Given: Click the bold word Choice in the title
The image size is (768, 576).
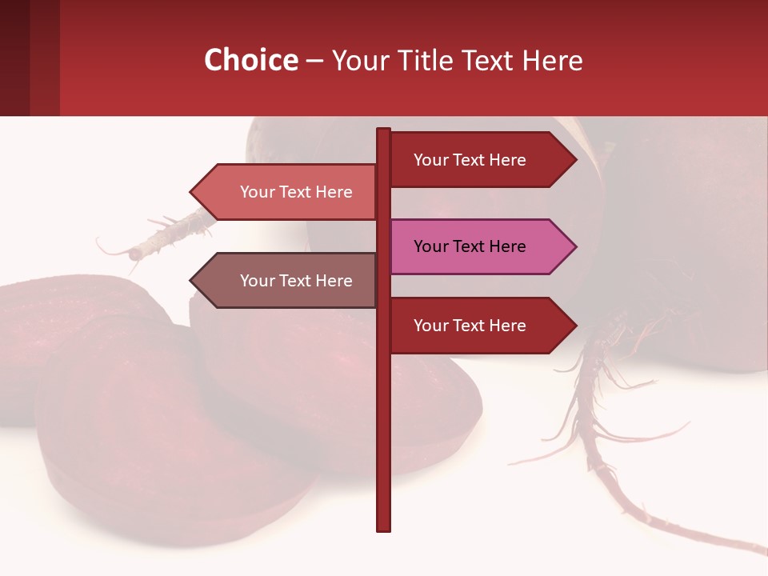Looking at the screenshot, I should click(x=250, y=60).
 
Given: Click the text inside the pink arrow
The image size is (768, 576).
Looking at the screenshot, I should click(x=470, y=246).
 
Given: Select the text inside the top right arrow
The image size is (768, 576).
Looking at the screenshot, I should click(x=470, y=160).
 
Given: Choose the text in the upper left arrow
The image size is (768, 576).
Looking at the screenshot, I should click(x=296, y=192).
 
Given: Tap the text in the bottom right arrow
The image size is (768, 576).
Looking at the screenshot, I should click(x=470, y=326).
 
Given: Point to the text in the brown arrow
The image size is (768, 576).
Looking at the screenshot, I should click(x=296, y=281).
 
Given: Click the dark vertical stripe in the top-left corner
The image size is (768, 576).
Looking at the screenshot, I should click(x=14, y=58).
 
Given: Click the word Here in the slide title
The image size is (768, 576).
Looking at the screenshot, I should click(x=552, y=60).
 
